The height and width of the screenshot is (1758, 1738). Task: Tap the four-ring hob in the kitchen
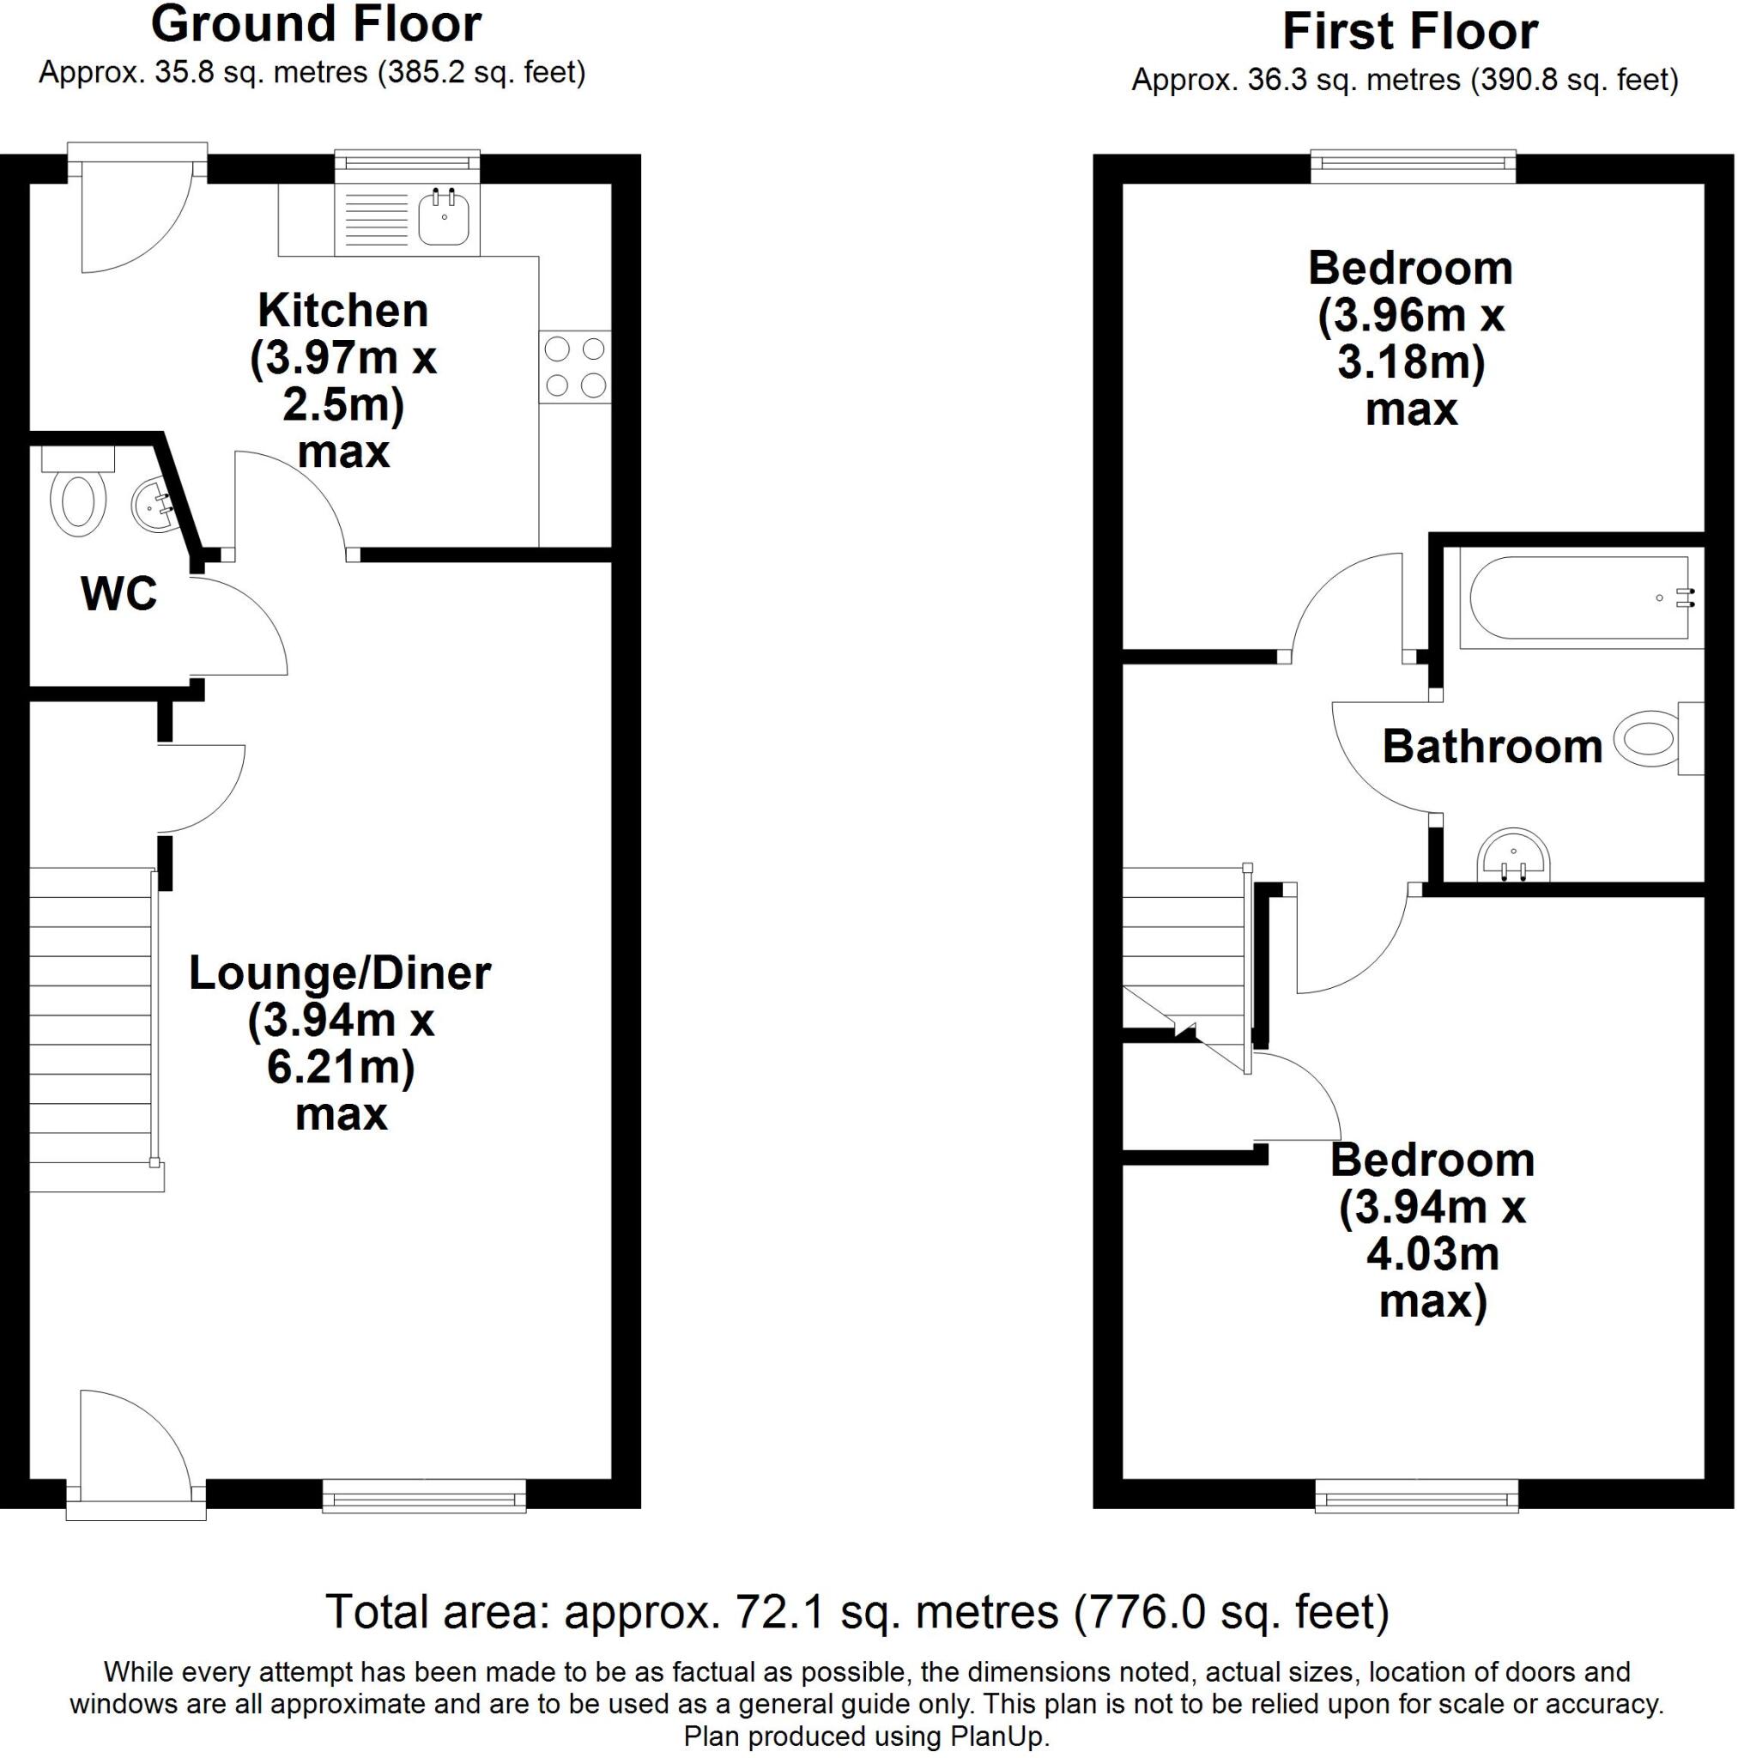574,367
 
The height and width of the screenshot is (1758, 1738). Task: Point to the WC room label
119,593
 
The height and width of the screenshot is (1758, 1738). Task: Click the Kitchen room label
343,312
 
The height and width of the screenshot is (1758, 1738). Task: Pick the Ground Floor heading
316,25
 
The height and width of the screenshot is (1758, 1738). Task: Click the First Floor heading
1409,32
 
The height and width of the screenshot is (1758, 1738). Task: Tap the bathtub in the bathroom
1578,597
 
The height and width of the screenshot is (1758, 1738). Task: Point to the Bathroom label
1493,747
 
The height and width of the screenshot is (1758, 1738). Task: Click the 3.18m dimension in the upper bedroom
1408,363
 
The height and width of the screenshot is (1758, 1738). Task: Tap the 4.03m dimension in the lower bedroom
1432,1255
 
